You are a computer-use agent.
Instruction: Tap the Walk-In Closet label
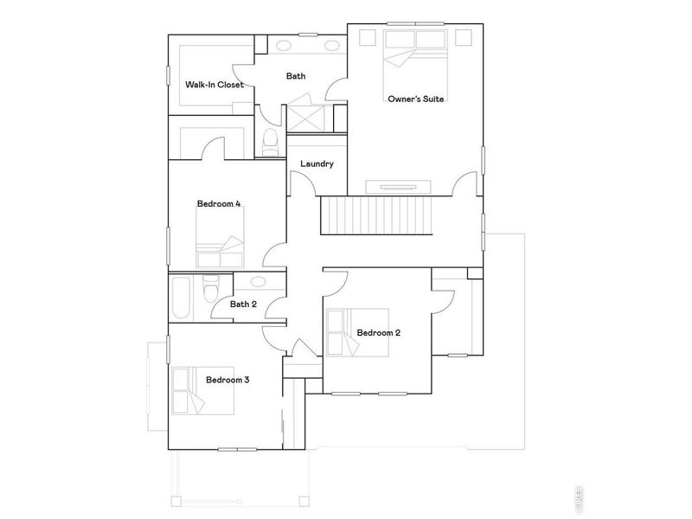215,85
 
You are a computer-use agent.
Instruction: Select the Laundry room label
317,164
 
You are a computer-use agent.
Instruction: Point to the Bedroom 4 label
219,204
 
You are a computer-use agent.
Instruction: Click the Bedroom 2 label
379,332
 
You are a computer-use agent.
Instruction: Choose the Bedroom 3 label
227,379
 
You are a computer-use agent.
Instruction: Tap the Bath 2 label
244,304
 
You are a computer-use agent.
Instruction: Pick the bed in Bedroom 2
352,332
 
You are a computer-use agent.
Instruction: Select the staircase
375,215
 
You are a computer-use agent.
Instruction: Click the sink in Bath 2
258,283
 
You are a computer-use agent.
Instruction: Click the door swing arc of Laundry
298,183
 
